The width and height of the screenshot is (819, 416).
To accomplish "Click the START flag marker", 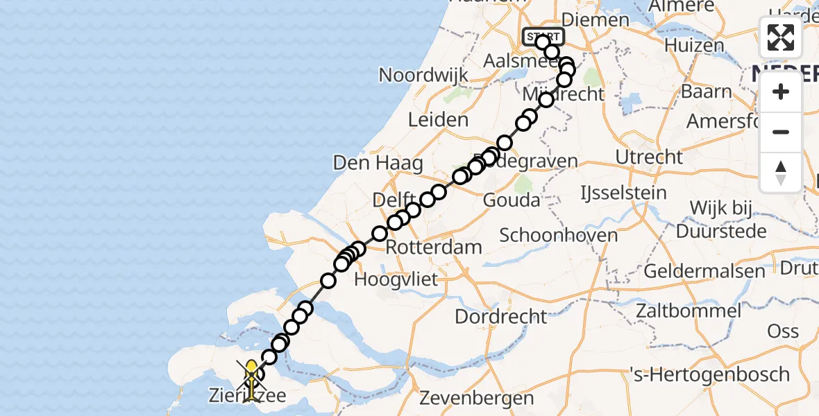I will click(543, 36).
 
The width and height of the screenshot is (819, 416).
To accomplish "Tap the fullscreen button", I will click(781, 37).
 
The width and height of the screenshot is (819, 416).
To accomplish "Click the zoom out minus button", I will click(781, 132).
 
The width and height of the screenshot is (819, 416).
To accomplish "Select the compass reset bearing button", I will click(781, 172).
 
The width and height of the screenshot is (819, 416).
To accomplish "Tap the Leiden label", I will click(438, 120).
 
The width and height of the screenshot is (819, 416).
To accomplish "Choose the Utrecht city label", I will click(650, 157).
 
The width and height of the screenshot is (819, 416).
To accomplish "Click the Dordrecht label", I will click(501, 317).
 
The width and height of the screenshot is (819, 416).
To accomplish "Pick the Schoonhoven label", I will click(559, 235).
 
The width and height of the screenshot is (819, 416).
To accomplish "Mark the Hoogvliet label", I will click(396, 280).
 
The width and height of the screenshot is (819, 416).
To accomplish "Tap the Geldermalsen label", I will click(704, 270).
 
